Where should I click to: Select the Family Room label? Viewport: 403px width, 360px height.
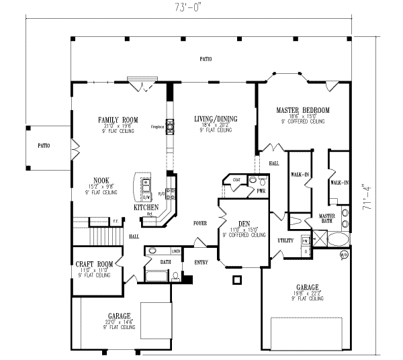(118, 120)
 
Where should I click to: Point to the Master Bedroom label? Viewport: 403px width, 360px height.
(303, 110)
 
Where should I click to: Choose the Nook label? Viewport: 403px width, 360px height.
(101, 181)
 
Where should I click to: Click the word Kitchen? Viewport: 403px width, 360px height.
(146, 208)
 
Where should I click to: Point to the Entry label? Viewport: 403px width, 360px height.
(201, 262)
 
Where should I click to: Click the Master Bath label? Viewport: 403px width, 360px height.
(327, 218)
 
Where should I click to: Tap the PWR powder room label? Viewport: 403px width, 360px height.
(261, 191)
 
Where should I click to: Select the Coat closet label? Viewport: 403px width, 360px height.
(236, 179)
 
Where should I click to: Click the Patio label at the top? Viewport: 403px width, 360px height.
(206, 60)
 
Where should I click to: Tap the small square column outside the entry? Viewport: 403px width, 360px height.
(236, 280)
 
